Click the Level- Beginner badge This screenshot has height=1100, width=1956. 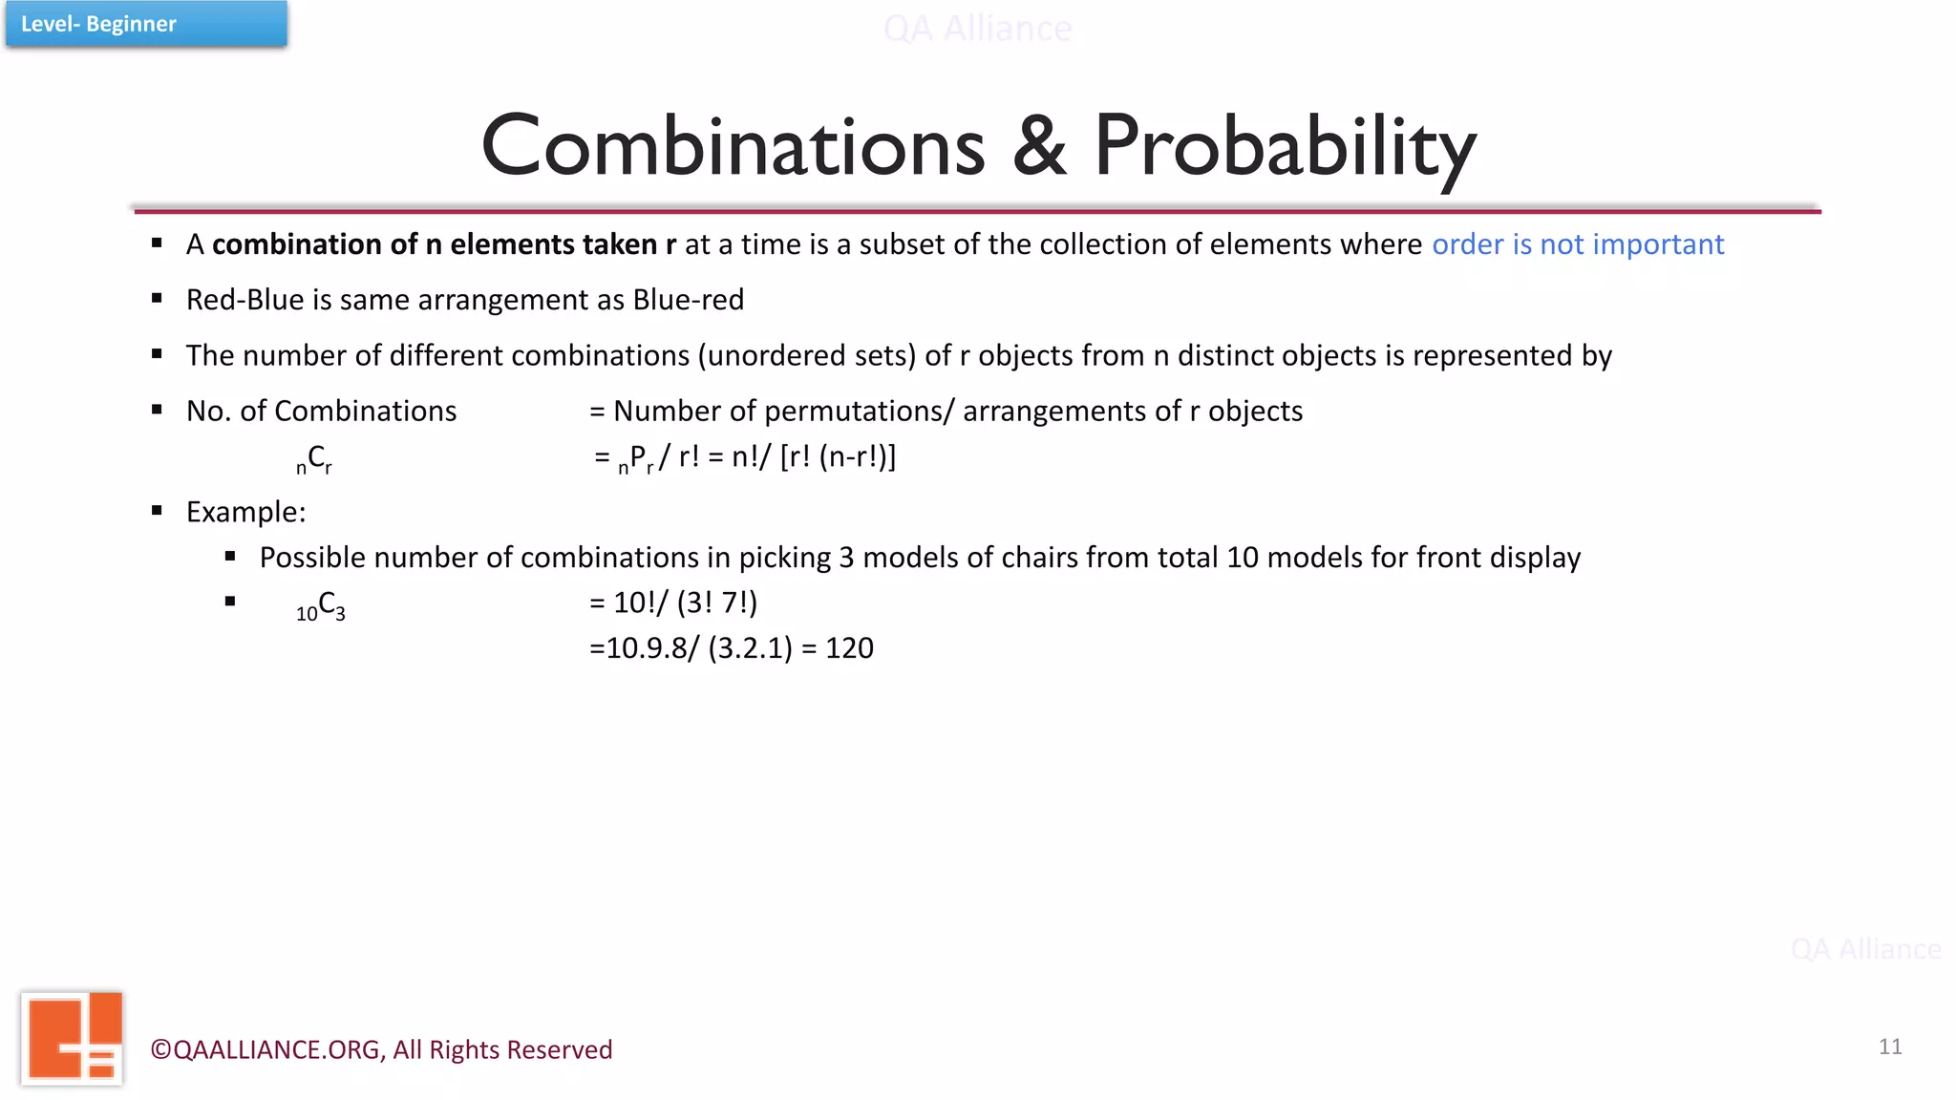(x=145, y=24)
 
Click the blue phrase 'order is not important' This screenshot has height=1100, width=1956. (x=1577, y=244)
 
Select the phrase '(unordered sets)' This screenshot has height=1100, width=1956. (x=806, y=356)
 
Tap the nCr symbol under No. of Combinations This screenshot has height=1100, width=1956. (x=314, y=459)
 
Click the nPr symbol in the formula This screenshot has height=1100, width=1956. (x=636, y=459)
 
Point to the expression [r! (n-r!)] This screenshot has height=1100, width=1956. (x=838, y=457)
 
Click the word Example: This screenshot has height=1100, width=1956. (x=245, y=513)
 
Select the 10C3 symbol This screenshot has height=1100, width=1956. (x=321, y=605)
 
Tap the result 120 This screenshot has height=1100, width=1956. (x=849, y=648)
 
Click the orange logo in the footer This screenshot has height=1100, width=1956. (x=73, y=1038)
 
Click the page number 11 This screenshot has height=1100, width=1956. (x=1889, y=1047)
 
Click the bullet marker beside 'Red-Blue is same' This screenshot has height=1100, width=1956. (x=157, y=299)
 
